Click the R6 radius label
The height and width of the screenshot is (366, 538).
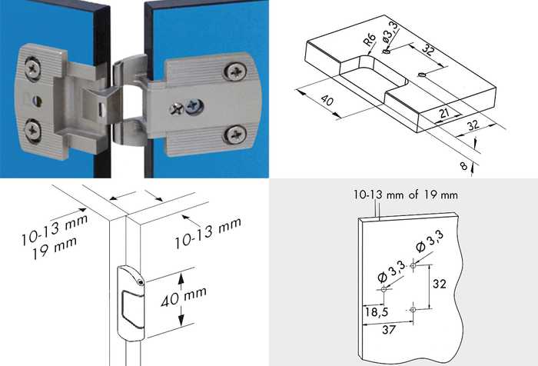(x=370, y=39)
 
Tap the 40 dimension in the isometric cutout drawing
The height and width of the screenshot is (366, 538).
(x=327, y=100)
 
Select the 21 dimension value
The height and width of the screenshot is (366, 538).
(x=444, y=112)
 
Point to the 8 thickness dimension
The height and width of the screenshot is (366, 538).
(x=463, y=166)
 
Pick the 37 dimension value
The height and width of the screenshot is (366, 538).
(x=389, y=330)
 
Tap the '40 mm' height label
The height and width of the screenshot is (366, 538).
(x=184, y=296)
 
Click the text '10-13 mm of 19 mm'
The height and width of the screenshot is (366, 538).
(x=406, y=195)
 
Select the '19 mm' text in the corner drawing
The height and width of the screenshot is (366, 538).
(x=55, y=248)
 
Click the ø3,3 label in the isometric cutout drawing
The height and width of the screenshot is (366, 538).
(x=390, y=32)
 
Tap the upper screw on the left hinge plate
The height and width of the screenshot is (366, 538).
(x=32, y=68)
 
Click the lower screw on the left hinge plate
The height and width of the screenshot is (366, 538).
(x=32, y=130)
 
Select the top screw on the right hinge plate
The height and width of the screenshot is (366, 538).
(x=235, y=72)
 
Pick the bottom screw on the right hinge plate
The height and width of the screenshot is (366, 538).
(x=235, y=135)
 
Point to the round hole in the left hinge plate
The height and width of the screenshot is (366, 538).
(x=38, y=101)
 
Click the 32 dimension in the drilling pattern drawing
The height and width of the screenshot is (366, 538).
(x=440, y=284)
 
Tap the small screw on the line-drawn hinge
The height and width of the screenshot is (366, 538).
(x=141, y=282)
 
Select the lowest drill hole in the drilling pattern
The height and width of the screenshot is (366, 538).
(x=413, y=310)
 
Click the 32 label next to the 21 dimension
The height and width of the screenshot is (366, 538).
(x=473, y=125)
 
